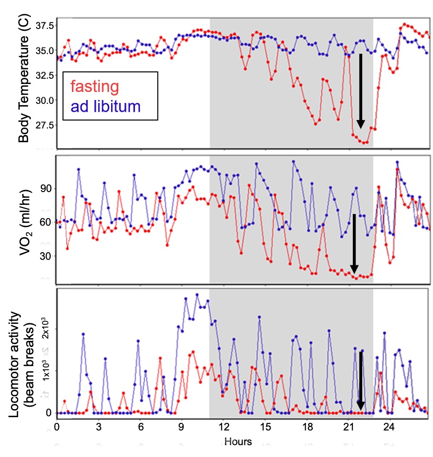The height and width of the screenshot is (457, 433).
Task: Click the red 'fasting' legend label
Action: [94, 87]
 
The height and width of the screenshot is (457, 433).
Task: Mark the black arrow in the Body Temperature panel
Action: [360, 90]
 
